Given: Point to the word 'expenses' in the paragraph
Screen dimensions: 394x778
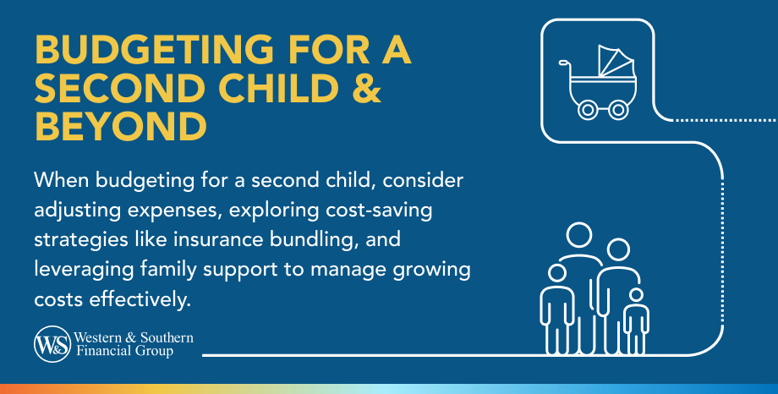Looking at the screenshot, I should [x=159, y=210].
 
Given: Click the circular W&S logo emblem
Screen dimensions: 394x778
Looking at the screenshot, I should [x=52, y=344].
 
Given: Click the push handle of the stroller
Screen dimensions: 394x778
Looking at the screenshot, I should [x=564, y=64].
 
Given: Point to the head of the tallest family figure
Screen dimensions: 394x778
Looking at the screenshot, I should [x=579, y=236].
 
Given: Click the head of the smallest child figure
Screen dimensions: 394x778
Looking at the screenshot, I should [x=635, y=295].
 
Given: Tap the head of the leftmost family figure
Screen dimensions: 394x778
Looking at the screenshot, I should [x=556, y=272].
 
